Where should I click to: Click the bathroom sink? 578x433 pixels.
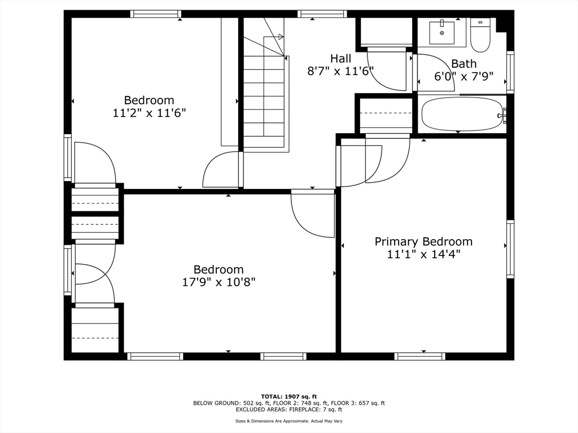(x=441, y=32)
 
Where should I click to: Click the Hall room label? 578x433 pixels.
(x=340, y=59)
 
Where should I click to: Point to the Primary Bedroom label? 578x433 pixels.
(x=423, y=242)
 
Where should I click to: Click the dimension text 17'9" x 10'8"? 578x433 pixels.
(x=218, y=282)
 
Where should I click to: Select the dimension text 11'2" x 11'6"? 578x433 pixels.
(x=149, y=113)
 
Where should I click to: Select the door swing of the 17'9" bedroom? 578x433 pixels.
(x=311, y=214)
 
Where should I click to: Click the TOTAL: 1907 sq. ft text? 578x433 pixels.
(x=288, y=396)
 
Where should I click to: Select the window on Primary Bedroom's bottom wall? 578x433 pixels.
(x=419, y=356)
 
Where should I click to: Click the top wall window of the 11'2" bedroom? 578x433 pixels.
(x=155, y=14)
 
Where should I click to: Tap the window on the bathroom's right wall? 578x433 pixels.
(x=510, y=72)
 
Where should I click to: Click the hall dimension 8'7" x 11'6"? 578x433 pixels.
(x=340, y=71)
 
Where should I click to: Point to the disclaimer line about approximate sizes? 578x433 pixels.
(x=288, y=421)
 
